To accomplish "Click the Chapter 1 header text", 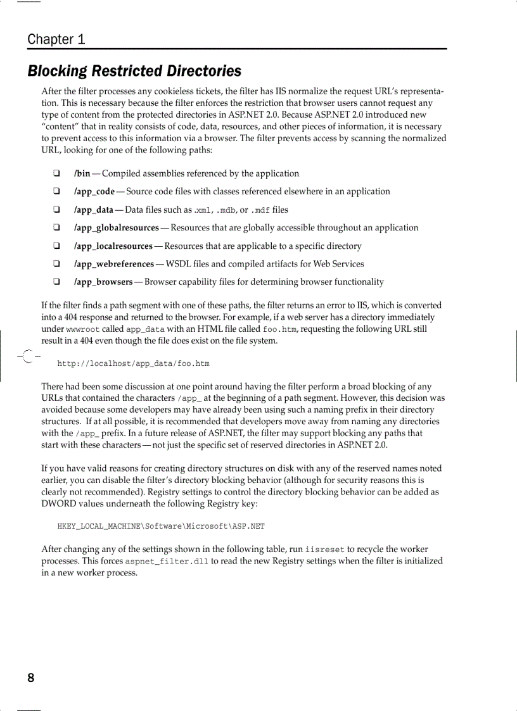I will coord(56,39).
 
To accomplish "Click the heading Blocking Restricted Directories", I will coord(134,71).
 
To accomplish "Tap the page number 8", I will coord(30,678).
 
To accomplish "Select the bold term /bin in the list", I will coord(82,173).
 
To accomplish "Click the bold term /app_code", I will coord(94,191).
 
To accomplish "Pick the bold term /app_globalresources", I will coord(116,227).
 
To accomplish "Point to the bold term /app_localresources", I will coord(113,246).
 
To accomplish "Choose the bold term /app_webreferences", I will coord(113,263).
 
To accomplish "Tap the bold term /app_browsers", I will coord(103,282).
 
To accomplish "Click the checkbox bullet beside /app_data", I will coord(56,210).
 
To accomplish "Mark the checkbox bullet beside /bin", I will coord(56,173).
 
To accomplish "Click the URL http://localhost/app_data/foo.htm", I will coord(133,364).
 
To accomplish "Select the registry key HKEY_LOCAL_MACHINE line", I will coord(161,526).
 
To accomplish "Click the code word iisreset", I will coord(325,550).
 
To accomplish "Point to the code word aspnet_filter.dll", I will coord(167,562).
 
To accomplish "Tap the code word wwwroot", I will coord(82,329).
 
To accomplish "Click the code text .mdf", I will coord(260,210).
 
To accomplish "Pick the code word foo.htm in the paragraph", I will coord(279,329).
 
